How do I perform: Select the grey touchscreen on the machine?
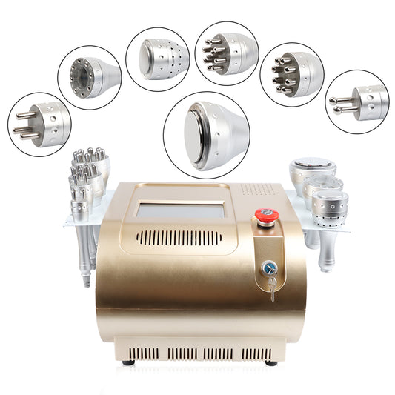pos(180,210)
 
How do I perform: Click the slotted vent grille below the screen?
pos(179,238)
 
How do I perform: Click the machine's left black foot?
pos(129,362)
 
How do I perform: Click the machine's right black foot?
pos(271,362)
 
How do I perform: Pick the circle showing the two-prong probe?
pos(356,102)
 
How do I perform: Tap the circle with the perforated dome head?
pos(157,59)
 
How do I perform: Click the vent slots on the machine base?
pos(200,353)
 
